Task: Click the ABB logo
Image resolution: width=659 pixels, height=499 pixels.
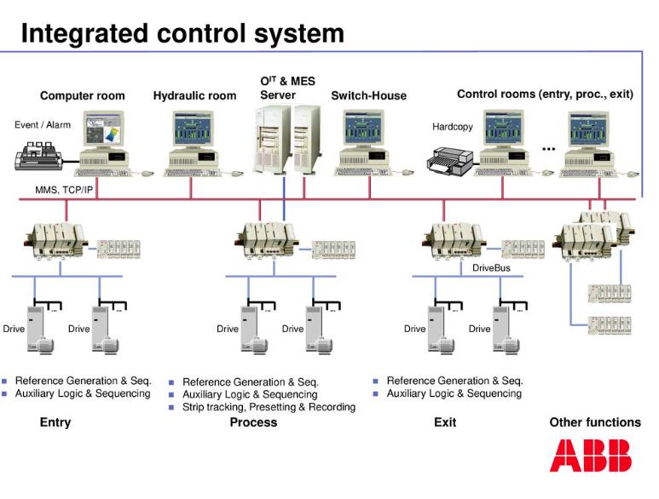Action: pos(590,456)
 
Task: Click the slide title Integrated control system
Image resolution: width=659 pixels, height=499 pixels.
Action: pos(182,33)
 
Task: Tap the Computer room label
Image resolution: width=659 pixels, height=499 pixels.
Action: pos(82,95)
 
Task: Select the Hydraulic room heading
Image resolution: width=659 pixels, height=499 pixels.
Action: pos(194,95)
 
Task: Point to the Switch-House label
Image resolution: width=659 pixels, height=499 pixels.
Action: pos(368,95)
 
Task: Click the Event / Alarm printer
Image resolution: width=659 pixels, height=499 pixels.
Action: pos(43,158)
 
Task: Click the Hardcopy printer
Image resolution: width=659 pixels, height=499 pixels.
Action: pos(450,159)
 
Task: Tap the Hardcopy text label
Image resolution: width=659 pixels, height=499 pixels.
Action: pos(452,127)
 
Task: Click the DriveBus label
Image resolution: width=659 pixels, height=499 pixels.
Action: pos(494,267)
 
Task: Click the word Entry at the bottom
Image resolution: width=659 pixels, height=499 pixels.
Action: pos(55,422)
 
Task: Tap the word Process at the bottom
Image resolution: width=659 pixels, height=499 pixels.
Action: pos(253,422)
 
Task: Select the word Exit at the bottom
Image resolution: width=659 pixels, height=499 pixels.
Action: pos(445,422)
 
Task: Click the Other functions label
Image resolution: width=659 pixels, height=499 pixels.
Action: pos(594,422)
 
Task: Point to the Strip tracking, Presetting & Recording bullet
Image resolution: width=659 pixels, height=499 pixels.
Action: pos(269,407)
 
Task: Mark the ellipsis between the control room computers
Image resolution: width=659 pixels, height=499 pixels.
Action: pos(548,148)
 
